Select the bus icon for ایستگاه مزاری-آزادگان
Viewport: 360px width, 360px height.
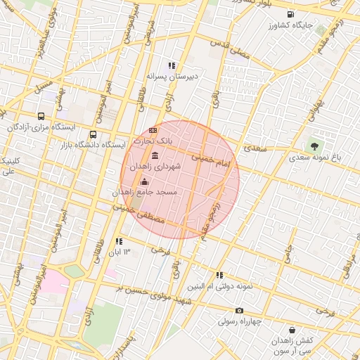point(41,116)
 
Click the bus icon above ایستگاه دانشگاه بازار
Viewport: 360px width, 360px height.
point(93,134)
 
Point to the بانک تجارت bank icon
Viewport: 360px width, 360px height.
point(153,130)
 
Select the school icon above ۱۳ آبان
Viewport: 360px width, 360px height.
point(118,242)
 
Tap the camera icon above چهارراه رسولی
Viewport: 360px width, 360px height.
point(239,311)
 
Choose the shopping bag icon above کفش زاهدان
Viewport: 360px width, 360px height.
point(292,330)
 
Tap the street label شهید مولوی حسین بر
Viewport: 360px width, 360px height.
point(154,295)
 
